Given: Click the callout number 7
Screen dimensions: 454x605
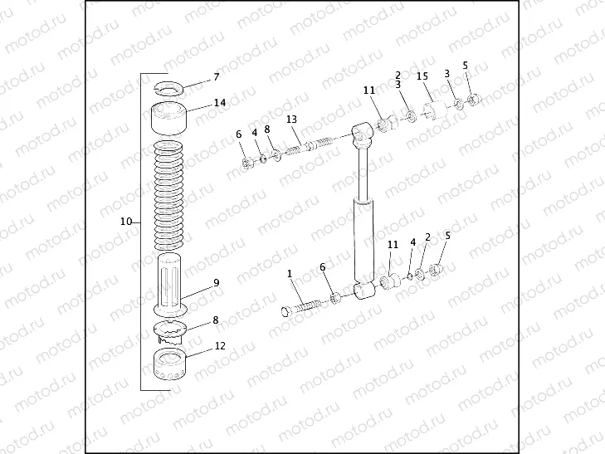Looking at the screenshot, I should click(217, 77).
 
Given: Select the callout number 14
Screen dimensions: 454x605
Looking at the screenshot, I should click(220, 103).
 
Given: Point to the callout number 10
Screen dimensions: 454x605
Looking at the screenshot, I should click(126, 222).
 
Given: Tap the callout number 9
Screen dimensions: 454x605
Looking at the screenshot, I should click(216, 282).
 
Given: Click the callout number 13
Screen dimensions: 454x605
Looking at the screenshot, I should click(292, 120).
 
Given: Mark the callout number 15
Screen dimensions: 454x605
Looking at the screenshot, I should click(422, 76).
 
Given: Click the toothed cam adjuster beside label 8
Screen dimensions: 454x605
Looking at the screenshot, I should click(173, 332).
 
